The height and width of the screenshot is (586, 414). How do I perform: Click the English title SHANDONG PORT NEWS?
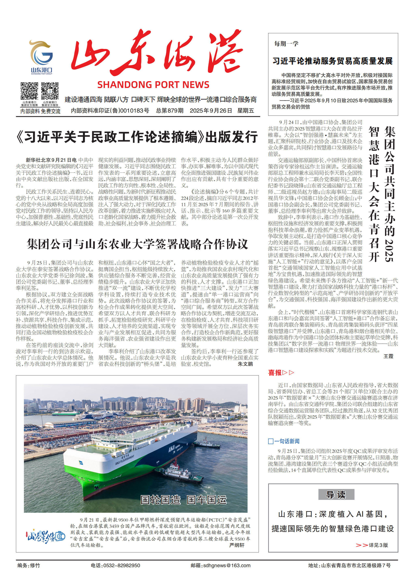(153, 85)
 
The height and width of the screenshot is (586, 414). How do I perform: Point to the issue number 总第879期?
(170, 111)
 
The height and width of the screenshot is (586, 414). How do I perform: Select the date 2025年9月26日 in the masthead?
(211, 111)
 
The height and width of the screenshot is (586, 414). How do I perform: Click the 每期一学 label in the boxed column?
(286, 44)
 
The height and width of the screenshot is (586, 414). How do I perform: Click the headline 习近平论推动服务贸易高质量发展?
(332, 61)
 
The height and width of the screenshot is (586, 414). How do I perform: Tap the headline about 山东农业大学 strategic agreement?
(137, 244)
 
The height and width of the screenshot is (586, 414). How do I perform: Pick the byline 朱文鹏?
(245, 364)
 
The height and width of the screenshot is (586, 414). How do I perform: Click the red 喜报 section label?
(275, 373)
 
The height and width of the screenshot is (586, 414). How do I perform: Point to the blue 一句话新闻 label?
(286, 441)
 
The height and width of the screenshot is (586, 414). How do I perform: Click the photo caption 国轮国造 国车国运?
(183, 500)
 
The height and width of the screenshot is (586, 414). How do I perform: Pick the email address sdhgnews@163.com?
(227, 566)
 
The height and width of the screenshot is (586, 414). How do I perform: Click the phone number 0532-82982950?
(122, 566)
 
